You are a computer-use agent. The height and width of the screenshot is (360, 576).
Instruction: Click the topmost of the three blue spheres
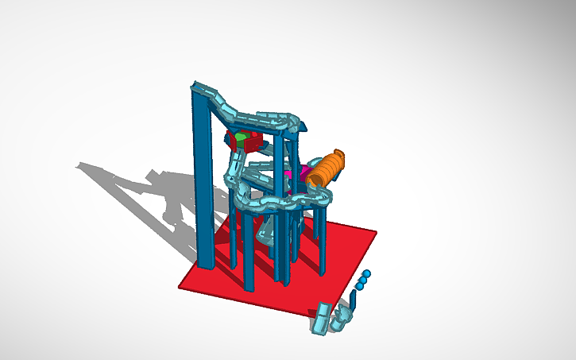(x=367, y=274)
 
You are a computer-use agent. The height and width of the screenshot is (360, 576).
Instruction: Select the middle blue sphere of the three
(x=362, y=281)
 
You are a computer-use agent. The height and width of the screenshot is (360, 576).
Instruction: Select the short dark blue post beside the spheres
(x=351, y=300)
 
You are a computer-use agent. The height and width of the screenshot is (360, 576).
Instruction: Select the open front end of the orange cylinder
(x=315, y=180)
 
